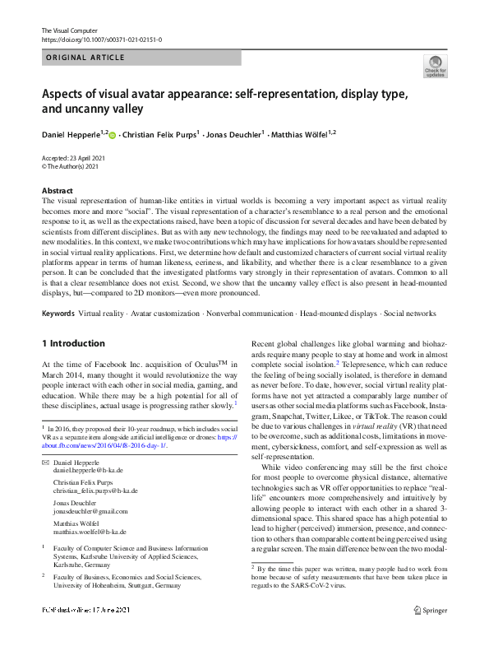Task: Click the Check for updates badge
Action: (x=435, y=67)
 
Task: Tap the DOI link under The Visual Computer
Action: (x=101, y=40)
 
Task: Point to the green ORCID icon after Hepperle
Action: (x=113, y=133)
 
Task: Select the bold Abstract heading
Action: (x=58, y=190)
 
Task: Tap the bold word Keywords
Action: (x=58, y=314)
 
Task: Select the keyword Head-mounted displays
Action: (x=338, y=314)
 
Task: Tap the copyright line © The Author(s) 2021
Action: (x=70, y=166)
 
